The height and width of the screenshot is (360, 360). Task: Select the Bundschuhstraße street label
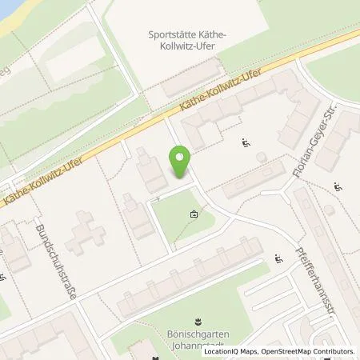55,262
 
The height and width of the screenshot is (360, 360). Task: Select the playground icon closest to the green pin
246,143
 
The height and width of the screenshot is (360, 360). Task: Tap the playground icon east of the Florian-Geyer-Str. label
338,187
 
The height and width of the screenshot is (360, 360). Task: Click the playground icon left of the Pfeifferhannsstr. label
278,258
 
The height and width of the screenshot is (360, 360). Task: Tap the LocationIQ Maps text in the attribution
230,351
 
